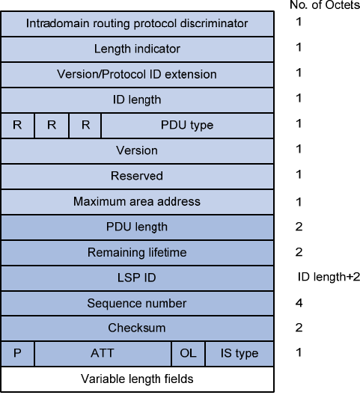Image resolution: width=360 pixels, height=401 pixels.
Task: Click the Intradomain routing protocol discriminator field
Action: (x=138, y=24)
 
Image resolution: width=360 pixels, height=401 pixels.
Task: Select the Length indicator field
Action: (x=138, y=49)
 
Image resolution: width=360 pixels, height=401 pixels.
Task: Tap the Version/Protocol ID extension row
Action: (x=138, y=75)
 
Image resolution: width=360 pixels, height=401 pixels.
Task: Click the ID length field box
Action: (x=138, y=100)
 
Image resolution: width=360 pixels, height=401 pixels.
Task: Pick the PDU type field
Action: (x=187, y=126)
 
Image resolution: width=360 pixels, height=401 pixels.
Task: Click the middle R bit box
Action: (x=52, y=126)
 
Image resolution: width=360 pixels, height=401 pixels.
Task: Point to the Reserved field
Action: (x=138, y=177)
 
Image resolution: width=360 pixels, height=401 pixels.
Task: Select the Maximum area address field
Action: (x=138, y=202)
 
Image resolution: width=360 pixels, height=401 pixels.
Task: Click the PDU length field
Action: (x=138, y=227)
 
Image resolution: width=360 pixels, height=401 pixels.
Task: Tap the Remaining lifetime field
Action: (x=138, y=253)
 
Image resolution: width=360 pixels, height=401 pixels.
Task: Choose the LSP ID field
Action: (x=138, y=278)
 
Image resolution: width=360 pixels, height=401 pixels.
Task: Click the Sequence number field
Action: (x=138, y=303)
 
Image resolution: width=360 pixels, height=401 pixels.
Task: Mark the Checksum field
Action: (x=138, y=328)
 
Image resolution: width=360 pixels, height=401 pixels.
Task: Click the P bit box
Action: (x=18, y=354)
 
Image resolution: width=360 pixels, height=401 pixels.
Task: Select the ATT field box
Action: (x=103, y=354)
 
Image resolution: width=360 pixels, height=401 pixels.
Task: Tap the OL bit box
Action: (x=188, y=354)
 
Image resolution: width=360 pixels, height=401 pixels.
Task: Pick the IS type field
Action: (x=240, y=354)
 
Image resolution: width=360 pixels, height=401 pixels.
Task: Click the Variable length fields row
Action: (x=138, y=379)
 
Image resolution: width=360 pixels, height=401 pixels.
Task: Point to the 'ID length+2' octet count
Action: (x=329, y=277)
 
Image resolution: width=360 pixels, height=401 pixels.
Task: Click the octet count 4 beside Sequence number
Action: (x=299, y=303)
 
